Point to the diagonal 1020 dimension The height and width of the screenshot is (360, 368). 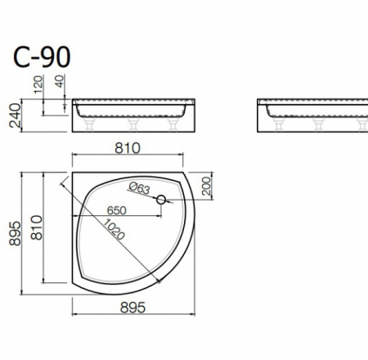click(114, 234)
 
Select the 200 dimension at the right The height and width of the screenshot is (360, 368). click(204, 187)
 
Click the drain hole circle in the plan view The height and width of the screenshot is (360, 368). click(161, 200)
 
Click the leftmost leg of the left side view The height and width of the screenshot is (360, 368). click(88, 124)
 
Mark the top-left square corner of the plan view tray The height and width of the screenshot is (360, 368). click(73, 173)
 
